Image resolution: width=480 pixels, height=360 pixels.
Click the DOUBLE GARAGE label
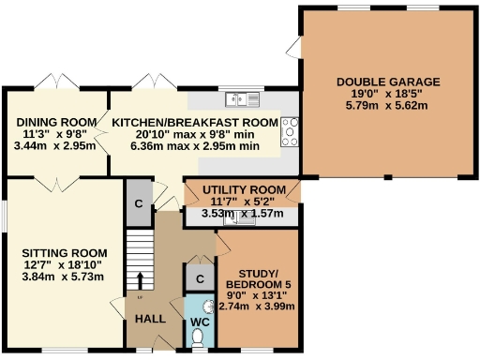388,81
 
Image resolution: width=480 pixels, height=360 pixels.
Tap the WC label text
200,322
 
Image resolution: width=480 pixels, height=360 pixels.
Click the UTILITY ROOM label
242,189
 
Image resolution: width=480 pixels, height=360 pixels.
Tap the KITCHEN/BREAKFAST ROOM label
195,123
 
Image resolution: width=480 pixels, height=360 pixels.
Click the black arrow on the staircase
142,280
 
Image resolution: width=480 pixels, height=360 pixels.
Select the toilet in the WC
199,341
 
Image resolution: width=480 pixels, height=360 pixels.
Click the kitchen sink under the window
242,97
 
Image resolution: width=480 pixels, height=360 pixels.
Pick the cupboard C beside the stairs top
138,204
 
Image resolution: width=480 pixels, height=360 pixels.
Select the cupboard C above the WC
199,278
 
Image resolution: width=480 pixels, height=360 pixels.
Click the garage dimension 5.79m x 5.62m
388,106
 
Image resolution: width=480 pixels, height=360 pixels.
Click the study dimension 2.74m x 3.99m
257,306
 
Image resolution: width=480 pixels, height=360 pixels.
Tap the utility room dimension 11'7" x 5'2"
242,202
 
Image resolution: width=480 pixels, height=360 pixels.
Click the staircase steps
139,253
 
